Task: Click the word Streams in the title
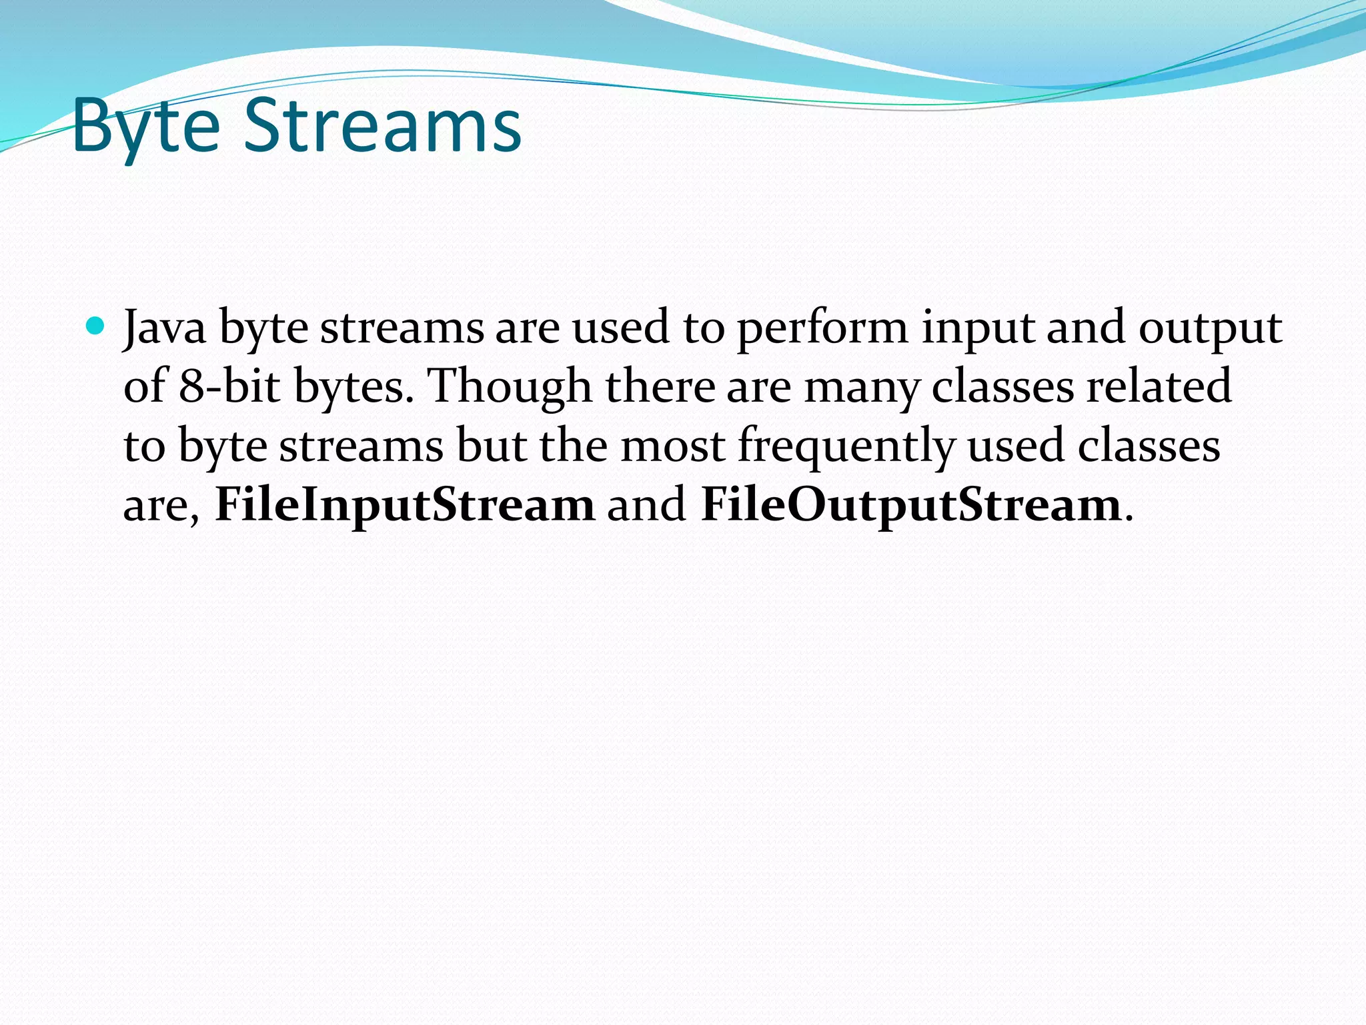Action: (x=382, y=125)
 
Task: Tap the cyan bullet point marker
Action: (x=96, y=327)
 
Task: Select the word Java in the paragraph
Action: (x=165, y=328)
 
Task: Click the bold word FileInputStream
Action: (x=404, y=505)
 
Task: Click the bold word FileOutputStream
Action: (x=910, y=505)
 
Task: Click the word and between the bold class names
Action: (x=646, y=505)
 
